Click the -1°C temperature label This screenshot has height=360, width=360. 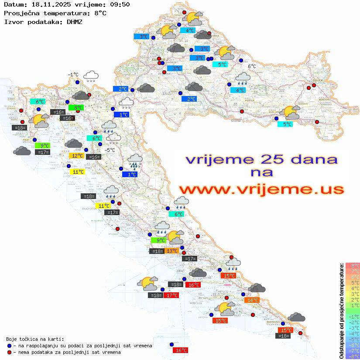click(x=73, y=75)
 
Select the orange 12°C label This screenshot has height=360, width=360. click(x=77, y=156)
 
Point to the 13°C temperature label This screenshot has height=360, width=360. click(x=171, y=250)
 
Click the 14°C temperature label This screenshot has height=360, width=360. click(x=252, y=300)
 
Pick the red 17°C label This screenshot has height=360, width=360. click(x=171, y=295)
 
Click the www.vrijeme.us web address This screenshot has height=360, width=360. click(x=261, y=189)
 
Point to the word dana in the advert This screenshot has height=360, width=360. click(x=311, y=159)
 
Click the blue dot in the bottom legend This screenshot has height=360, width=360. click(x=9, y=345)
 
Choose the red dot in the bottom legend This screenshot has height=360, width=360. click(x=9, y=352)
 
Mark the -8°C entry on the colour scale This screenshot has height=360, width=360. click(x=353, y=357)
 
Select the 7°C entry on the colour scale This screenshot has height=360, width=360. click(x=353, y=271)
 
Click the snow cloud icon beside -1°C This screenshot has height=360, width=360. click(x=91, y=76)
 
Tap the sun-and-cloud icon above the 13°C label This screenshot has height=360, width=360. click(x=175, y=238)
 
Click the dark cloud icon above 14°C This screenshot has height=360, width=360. click(x=257, y=288)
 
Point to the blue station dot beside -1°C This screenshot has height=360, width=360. click(x=77, y=82)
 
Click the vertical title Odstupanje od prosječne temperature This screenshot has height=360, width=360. click(x=342, y=311)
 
